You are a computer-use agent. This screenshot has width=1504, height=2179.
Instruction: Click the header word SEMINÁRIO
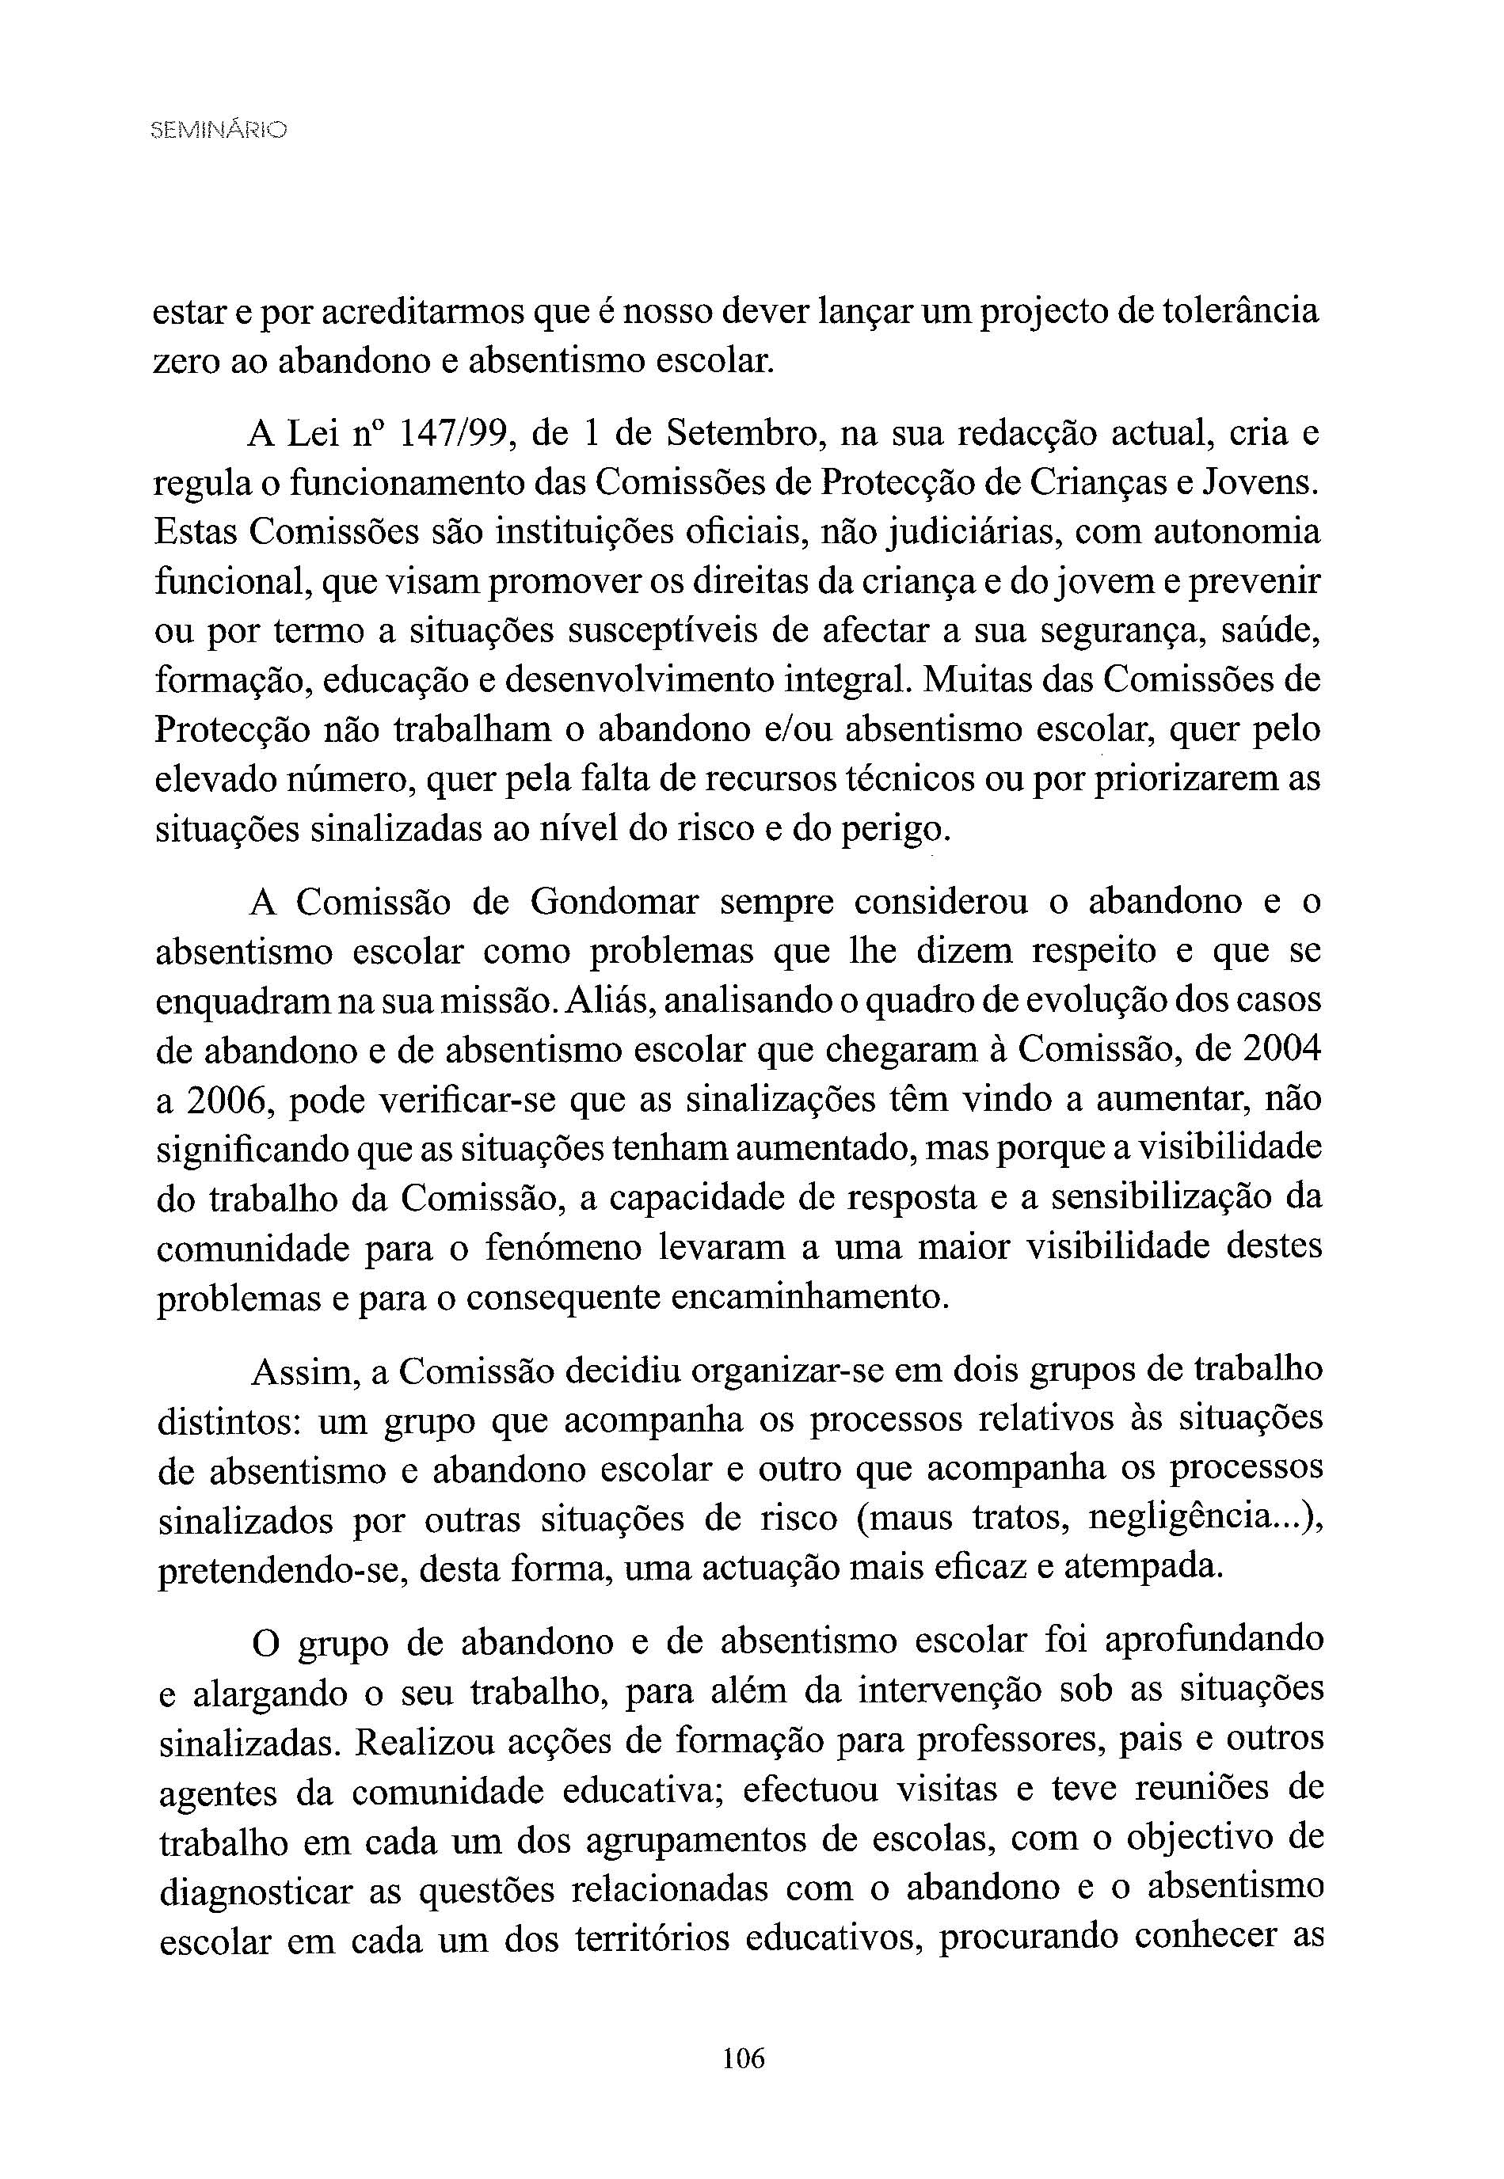pos(219,130)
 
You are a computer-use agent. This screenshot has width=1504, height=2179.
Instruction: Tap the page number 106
pos(744,2058)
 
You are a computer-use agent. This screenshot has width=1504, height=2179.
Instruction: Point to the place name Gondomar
pos(615,903)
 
